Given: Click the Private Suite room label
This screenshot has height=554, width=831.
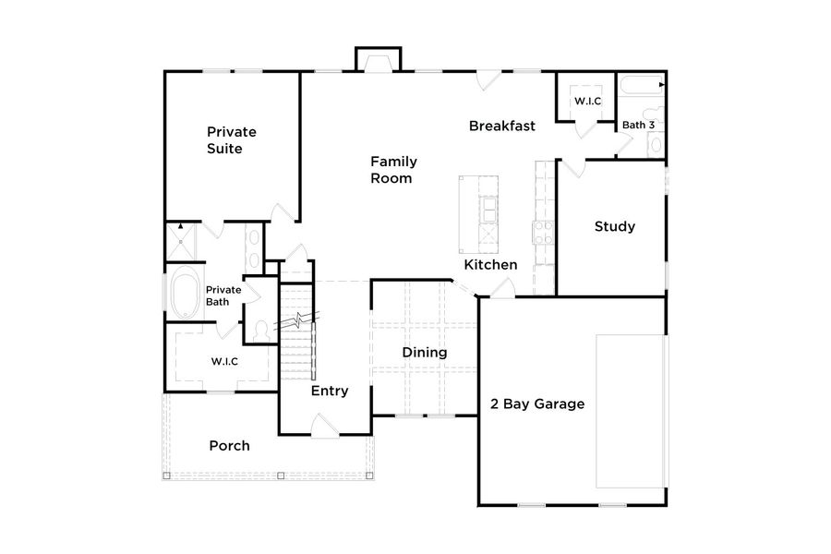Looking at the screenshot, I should click(231, 139).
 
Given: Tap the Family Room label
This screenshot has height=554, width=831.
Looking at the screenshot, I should click(391, 169).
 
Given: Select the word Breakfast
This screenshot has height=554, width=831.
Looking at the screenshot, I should click(501, 126).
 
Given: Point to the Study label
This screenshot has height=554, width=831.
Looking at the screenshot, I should click(614, 226).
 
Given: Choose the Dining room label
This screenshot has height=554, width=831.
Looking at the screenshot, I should click(424, 353).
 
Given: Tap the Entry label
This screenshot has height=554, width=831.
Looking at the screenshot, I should click(329, 391).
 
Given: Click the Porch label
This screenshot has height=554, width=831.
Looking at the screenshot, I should click(229, 446).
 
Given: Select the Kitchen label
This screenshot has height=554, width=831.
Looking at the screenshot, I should click(490, 265).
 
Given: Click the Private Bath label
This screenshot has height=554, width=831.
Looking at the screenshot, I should click(223, 295).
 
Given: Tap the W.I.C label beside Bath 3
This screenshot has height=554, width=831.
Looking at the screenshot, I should click(587, 100).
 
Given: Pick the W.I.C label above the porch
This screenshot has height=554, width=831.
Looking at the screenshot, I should click(224, 361).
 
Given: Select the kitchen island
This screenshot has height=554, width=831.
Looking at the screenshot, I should click(480, 215).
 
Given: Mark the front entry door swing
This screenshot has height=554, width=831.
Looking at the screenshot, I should click(325, 425).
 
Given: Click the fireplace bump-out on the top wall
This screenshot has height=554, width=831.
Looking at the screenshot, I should click(378, 58).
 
